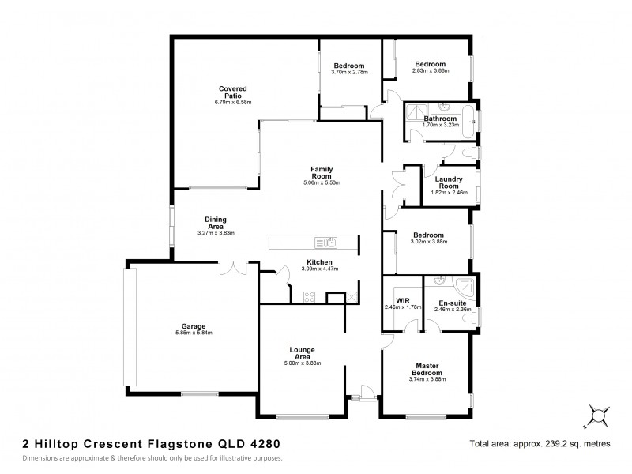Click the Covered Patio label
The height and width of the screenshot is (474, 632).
[x=232, y=92]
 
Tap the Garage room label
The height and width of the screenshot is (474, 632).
[x=194, y=326]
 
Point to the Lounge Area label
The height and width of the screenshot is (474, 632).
[x=303, y=352]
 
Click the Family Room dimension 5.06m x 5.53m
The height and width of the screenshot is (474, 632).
[x=321, y=182]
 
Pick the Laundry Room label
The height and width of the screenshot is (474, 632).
[x=449, y=182]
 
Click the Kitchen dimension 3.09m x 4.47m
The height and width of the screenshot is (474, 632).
[x=319, y=269]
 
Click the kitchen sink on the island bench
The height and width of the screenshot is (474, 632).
[x=327, y=242]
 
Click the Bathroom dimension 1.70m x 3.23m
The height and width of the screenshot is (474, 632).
[x=440, y=125]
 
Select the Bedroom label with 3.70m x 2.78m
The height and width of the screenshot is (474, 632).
[x=348, y=65]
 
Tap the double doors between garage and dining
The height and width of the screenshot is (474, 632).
[x=235, y=269]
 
